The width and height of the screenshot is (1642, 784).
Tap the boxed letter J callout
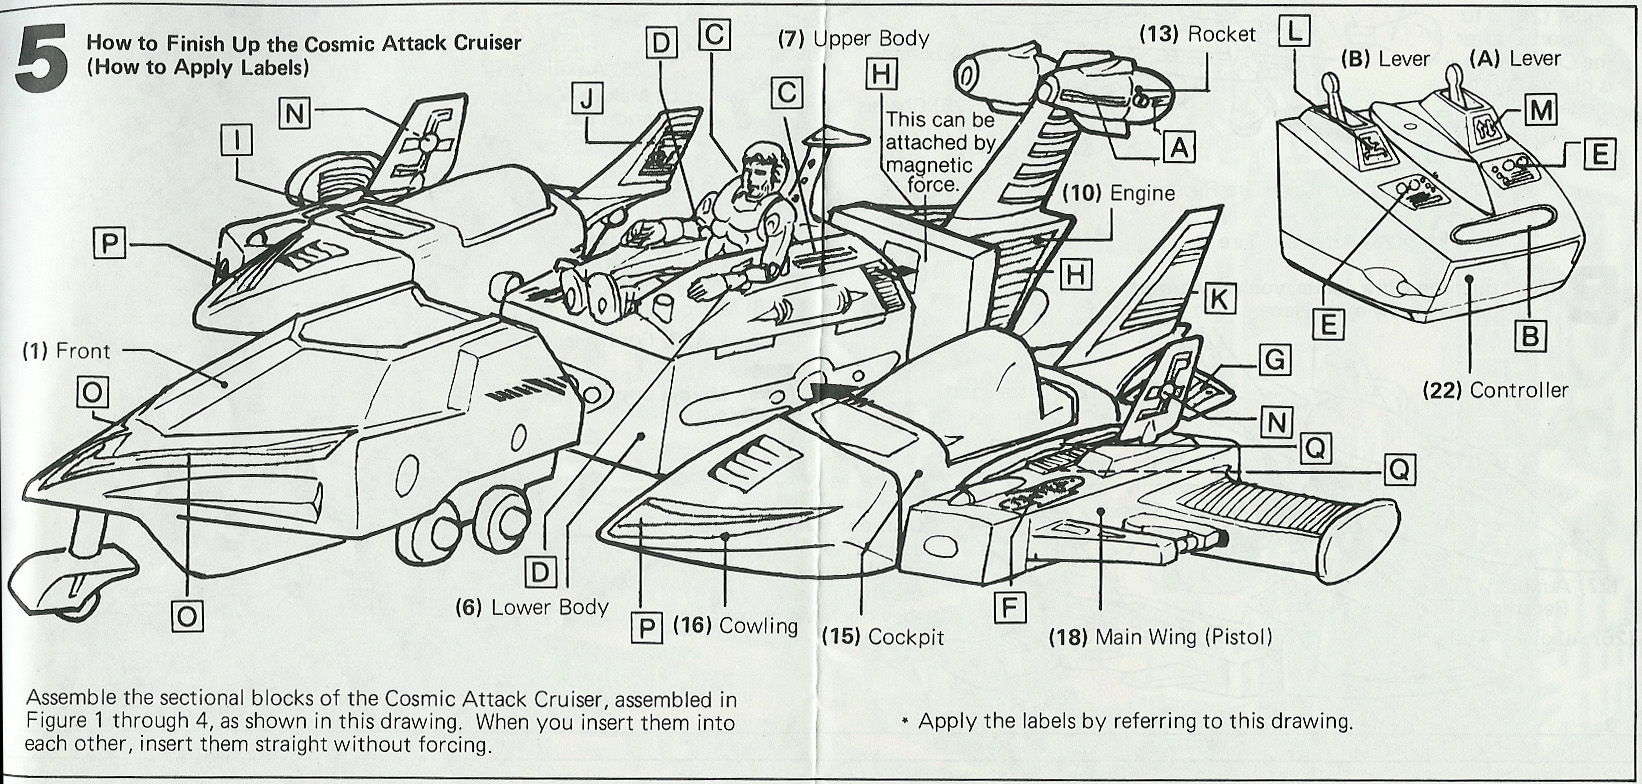(x=586, y=98)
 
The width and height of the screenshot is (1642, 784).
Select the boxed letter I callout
(x=237, y=140)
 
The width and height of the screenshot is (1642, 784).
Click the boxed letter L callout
(x=1294, y=31)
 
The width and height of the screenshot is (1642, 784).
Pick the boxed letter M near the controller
(x=1540, y=112)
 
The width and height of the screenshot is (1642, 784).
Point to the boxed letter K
(x=1219, y=299)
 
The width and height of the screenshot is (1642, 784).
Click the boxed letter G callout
(x=1275, y=360)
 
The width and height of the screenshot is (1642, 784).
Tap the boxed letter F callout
(x=1010, y=607)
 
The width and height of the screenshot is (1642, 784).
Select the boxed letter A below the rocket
(x=1179, y=149)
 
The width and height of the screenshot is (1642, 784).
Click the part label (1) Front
(x=66, y=352)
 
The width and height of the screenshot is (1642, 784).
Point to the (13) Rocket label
(x=1198, y=34)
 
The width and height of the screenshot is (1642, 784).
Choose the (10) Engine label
(x=1119, y=193)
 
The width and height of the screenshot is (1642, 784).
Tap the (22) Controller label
(x=1495, y=391)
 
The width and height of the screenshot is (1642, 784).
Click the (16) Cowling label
(x=735, y=626)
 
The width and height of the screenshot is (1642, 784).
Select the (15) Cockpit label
(x=883, y=637)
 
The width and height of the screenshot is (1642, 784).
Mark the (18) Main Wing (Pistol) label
(x=1160, y=637)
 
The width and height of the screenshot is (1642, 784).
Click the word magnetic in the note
(x=929, y=164)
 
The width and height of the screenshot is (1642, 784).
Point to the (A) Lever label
(x=1515, y=59)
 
